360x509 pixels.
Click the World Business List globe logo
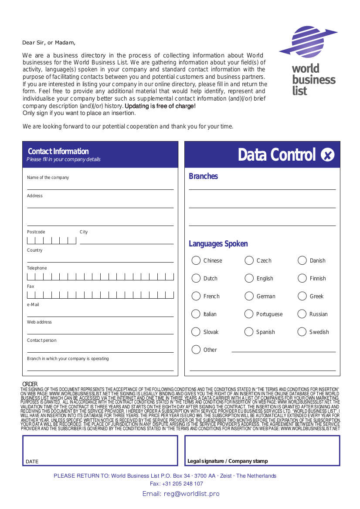pos(308,42)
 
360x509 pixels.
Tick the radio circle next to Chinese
pos(196,260)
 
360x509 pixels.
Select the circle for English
pos(249,278)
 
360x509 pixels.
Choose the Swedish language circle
pos(302,332)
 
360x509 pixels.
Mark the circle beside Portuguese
pos(249,314)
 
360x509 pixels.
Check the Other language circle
pos(196,350)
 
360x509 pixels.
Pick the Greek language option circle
pos(302,296)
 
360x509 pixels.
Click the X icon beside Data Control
pos(327,155)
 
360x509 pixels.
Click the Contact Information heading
pos(58,152)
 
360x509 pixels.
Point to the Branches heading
pos(203,176)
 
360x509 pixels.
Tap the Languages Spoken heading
pos(218,244)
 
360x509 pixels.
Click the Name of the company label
pos(48,178)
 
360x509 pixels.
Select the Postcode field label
pos(36,232)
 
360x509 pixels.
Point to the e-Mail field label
pos(33,305)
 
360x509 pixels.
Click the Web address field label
pos(39,322)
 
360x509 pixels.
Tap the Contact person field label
pos(41,340)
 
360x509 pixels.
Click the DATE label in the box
pos(32,462)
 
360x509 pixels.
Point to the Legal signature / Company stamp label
pos(228,461)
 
